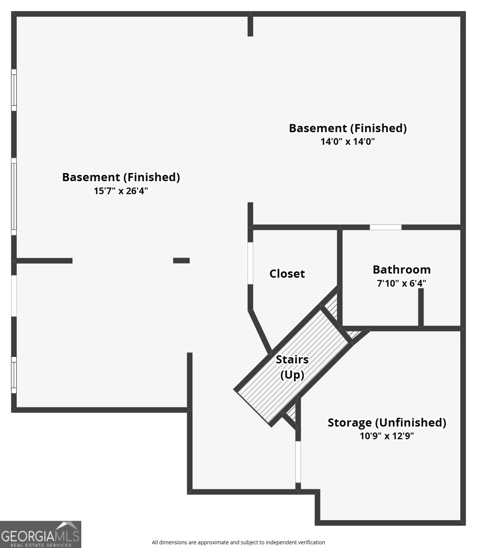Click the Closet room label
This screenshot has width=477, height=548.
[x=287, y=274]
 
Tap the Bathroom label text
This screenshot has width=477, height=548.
[x=402, y=269]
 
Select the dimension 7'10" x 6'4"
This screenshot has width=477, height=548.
[x=401, y=283]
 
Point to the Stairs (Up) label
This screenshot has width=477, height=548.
[x=292, y=367]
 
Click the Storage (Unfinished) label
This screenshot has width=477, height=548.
[x=387, y=422]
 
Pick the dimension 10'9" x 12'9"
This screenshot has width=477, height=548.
[x=387, y=436]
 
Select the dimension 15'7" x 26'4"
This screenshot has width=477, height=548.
[x=121, y=191]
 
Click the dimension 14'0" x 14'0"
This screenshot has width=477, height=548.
[x=348, y=141]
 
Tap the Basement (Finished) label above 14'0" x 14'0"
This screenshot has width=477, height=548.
[x=348, y=128]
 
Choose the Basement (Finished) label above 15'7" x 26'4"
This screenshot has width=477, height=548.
[x=121, y=177]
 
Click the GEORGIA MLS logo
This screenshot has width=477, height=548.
[x=41, y=534]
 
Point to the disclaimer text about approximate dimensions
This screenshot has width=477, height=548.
[x=238, y=543]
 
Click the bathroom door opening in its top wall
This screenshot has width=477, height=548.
[x=385, y=227]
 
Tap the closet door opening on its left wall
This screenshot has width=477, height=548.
[x=250, y=263]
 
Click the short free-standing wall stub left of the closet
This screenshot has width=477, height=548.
[x=181, y=260]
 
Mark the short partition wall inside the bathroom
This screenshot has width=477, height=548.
[x=421, y=308]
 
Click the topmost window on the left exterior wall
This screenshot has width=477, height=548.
[x=14, y=90]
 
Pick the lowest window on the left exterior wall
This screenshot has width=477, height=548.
[x=14, y=375]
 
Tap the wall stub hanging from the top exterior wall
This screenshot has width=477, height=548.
[x=250, y=25]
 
